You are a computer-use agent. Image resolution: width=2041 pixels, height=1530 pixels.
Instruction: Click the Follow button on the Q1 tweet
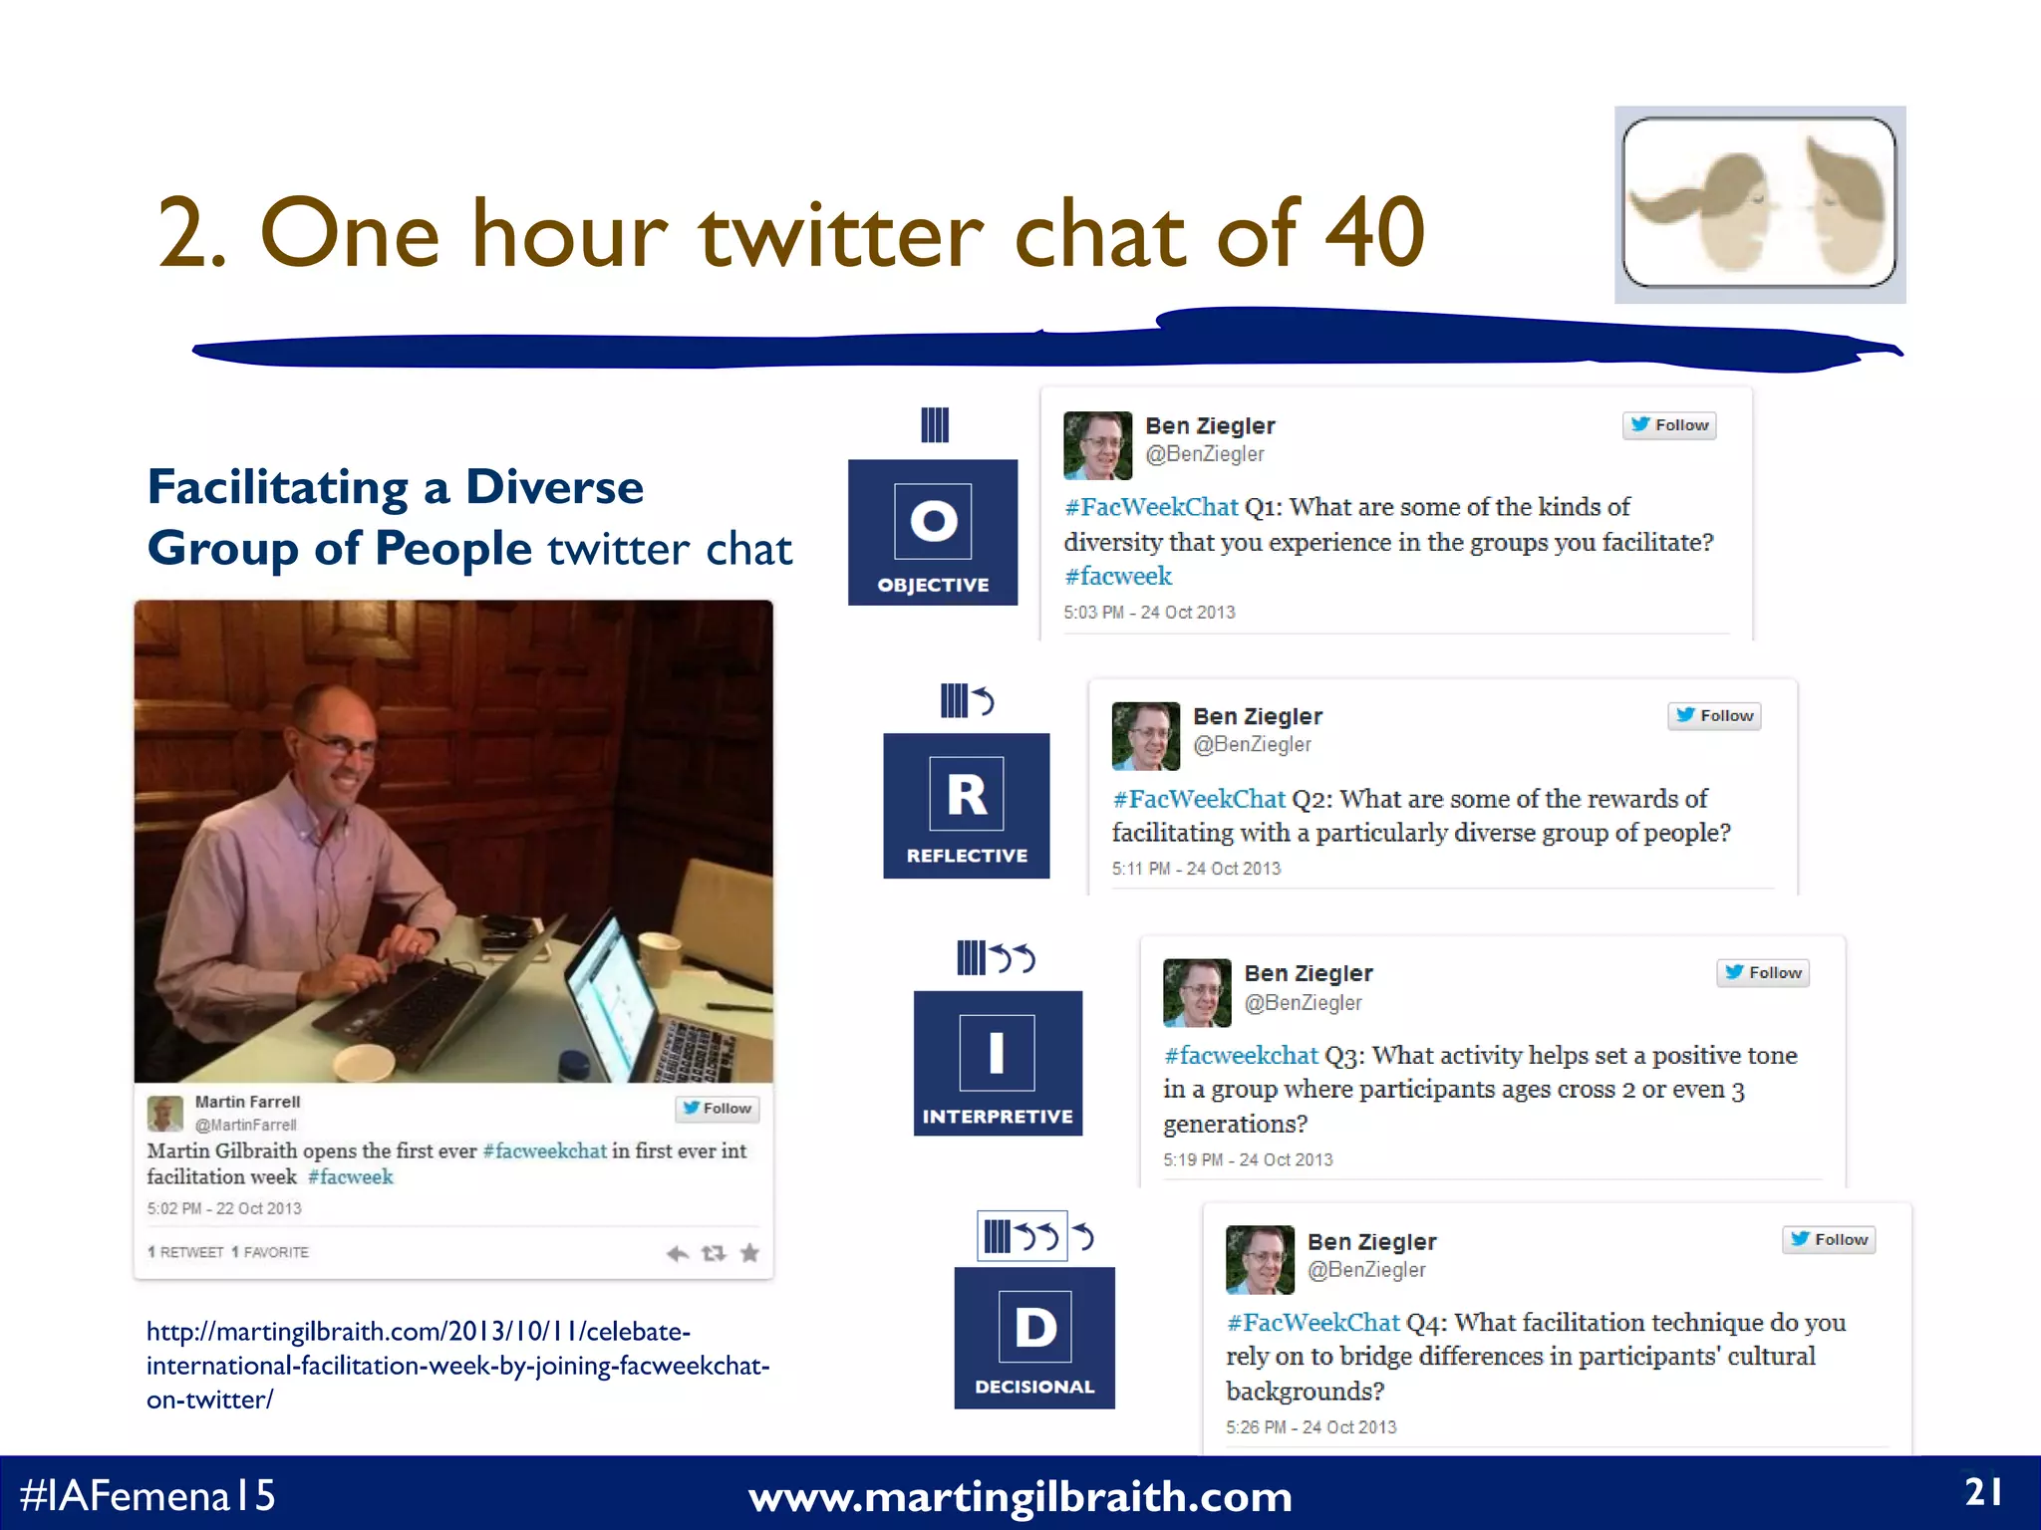(1669, 425)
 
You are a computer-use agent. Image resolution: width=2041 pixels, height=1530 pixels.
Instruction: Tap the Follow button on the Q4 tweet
(1829, 1239)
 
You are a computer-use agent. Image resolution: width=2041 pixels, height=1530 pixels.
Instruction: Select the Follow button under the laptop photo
(718, 1109)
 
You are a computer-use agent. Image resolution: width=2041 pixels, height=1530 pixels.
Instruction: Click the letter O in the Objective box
(933, 520)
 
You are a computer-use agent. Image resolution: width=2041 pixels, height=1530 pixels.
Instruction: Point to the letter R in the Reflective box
(966, 795)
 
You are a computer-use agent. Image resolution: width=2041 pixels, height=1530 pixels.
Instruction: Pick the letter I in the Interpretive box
(997, 1053)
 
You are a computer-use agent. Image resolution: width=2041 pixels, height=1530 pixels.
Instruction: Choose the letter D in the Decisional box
(1035, 1327)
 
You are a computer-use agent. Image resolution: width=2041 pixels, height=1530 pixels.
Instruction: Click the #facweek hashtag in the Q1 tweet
(1117, 577)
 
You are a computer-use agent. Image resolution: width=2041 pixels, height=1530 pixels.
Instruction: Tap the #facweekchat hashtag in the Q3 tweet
(1241, 1056)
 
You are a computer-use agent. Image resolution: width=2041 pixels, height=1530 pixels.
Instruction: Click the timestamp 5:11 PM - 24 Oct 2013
(1196, 869)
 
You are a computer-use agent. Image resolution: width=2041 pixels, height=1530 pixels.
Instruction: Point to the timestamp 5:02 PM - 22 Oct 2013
(224, 1208)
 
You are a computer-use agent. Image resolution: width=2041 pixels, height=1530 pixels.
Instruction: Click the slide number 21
(1983, 1492)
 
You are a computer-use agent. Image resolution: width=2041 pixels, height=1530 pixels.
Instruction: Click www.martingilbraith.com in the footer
(1020, 1497)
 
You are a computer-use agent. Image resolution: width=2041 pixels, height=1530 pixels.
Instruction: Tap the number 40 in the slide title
(1374, 233)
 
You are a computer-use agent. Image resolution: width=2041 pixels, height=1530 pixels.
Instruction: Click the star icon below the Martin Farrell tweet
(750, 1253)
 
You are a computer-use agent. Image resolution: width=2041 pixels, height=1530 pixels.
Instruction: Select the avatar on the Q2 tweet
(1145, 736)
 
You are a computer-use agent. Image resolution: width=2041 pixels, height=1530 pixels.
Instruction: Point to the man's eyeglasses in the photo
(339, 742)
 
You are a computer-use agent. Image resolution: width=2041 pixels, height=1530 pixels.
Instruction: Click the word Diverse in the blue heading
(554, 488)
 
